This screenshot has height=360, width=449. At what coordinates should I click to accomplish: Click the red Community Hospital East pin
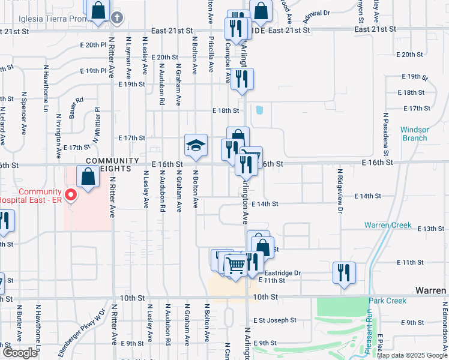pos(71,195)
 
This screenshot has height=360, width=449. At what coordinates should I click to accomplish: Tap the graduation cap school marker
pos(196,146)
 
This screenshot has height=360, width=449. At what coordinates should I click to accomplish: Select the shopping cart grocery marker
pos(236,264)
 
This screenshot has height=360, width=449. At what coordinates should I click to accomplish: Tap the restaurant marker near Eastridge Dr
pos(345,272)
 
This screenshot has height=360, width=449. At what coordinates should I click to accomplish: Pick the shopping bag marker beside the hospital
pos(88,177)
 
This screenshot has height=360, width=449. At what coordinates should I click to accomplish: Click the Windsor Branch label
pos(414,134)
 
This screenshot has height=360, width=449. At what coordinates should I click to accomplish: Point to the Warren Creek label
pos(388,225)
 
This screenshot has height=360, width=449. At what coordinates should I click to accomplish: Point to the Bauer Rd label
pos(76,108)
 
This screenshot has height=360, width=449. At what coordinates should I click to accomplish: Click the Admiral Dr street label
pos(318,13)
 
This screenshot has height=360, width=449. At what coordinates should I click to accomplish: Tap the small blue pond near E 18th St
pos(259,110)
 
